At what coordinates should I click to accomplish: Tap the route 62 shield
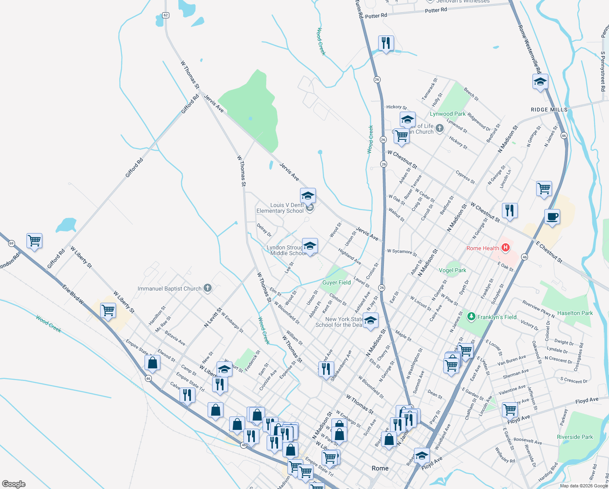165,15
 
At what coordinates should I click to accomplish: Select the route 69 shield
11,243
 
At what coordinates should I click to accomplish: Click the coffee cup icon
552,216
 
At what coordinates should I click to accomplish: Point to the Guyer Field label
336,282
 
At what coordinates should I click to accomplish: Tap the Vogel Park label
452,270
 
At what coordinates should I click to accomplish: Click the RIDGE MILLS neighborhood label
549,110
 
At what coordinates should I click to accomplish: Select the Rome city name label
380,468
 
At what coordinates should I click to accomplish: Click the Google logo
14,484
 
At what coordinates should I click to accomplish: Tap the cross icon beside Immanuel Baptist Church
208,289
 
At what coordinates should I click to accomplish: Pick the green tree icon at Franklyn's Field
471,317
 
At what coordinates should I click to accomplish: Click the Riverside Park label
575,437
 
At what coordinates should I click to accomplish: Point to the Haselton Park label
575,313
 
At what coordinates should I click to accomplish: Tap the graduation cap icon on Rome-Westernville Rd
540,81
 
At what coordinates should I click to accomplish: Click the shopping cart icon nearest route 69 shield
35,240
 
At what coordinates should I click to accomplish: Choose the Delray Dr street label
264,230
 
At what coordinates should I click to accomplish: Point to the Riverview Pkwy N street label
538,309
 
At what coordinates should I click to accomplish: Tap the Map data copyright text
583,486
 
